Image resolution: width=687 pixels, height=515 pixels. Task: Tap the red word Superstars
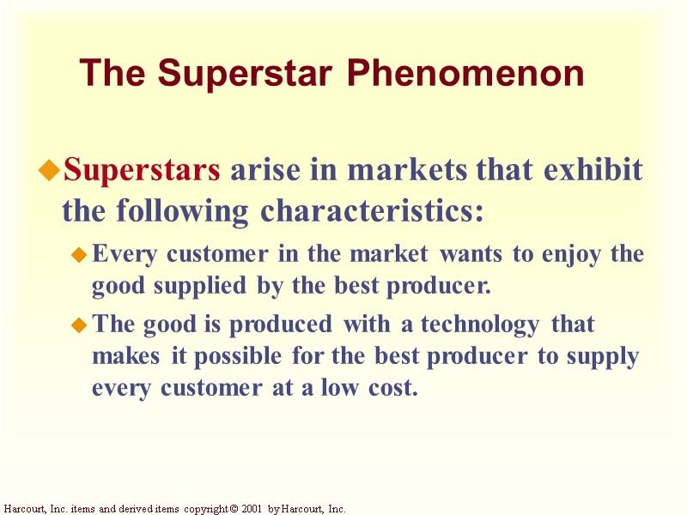[142, 171]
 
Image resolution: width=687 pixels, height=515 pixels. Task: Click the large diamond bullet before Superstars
[49, 172]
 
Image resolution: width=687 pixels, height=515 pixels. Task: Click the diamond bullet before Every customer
[79, 255]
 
